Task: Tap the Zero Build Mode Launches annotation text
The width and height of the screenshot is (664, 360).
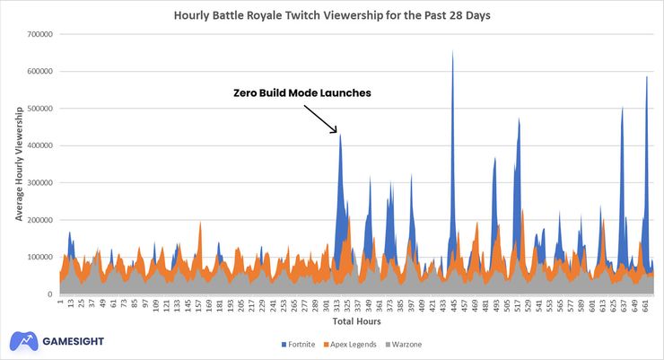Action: tap(301, 92)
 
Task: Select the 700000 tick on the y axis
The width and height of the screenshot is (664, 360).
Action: tap(40, 34)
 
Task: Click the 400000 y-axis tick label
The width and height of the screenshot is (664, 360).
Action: tap(40, 145)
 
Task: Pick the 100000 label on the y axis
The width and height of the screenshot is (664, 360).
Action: tap(40, 257)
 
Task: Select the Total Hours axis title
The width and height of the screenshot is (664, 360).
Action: tap(357, 321)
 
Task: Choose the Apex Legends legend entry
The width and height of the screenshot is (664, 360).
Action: tap(354, 344)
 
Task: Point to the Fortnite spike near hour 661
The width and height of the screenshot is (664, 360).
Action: tap(646, 79)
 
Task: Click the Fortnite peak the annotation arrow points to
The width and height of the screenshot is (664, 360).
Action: tap(340, 136)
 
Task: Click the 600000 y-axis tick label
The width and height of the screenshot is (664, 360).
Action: tap(40, 71)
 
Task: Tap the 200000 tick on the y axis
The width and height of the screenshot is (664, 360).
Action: tap(40, 220)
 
